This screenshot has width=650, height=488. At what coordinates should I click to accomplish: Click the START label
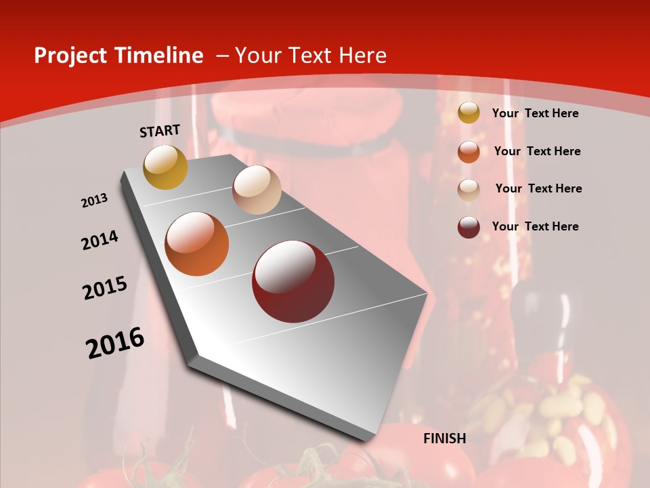pyautogui.click(x=160, y=131)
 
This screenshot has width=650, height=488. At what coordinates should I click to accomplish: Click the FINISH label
pyautogui.click(x=445, y=439)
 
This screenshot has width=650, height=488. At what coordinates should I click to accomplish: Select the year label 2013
pyautogui.click(x=95, y=201)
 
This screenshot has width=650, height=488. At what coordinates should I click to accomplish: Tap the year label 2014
pyautogui.click(x=100, y=240)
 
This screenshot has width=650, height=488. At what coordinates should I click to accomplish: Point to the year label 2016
pyautogui.click(x=115, y=342)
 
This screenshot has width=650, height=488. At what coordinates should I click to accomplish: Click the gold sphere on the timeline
pyautogui.click(x=166, y=167)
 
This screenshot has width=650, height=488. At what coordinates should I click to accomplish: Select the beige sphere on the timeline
pyautogui.click(x=257, y=190)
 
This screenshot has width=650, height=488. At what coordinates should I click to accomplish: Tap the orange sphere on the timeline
pyautogui.click(x=197, y=244)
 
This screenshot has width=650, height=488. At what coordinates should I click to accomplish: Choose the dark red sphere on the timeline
pyautogui.click(x=293, y=281)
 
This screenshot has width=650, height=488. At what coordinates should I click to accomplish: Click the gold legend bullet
pyautogui.click(x=469, y=113)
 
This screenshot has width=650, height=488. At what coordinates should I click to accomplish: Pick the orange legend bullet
pyautogui.click(x=469, y=152)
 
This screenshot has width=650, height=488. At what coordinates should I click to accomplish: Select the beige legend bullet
pyautogui.click(x=469, y=190)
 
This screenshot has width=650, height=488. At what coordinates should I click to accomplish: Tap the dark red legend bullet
pyautogui.click(x=469, y=227)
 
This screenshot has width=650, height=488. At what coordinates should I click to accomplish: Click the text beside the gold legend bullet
pyautogui.click(x=535, y=113)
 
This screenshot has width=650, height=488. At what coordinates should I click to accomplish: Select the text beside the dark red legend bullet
pyautogui.click(x=535, y=226)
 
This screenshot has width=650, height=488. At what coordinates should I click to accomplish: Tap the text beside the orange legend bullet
pyautogui.click(x=537, y=151)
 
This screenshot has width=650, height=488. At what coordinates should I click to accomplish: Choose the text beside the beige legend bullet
pyautogui.click(x=538, y=188)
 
